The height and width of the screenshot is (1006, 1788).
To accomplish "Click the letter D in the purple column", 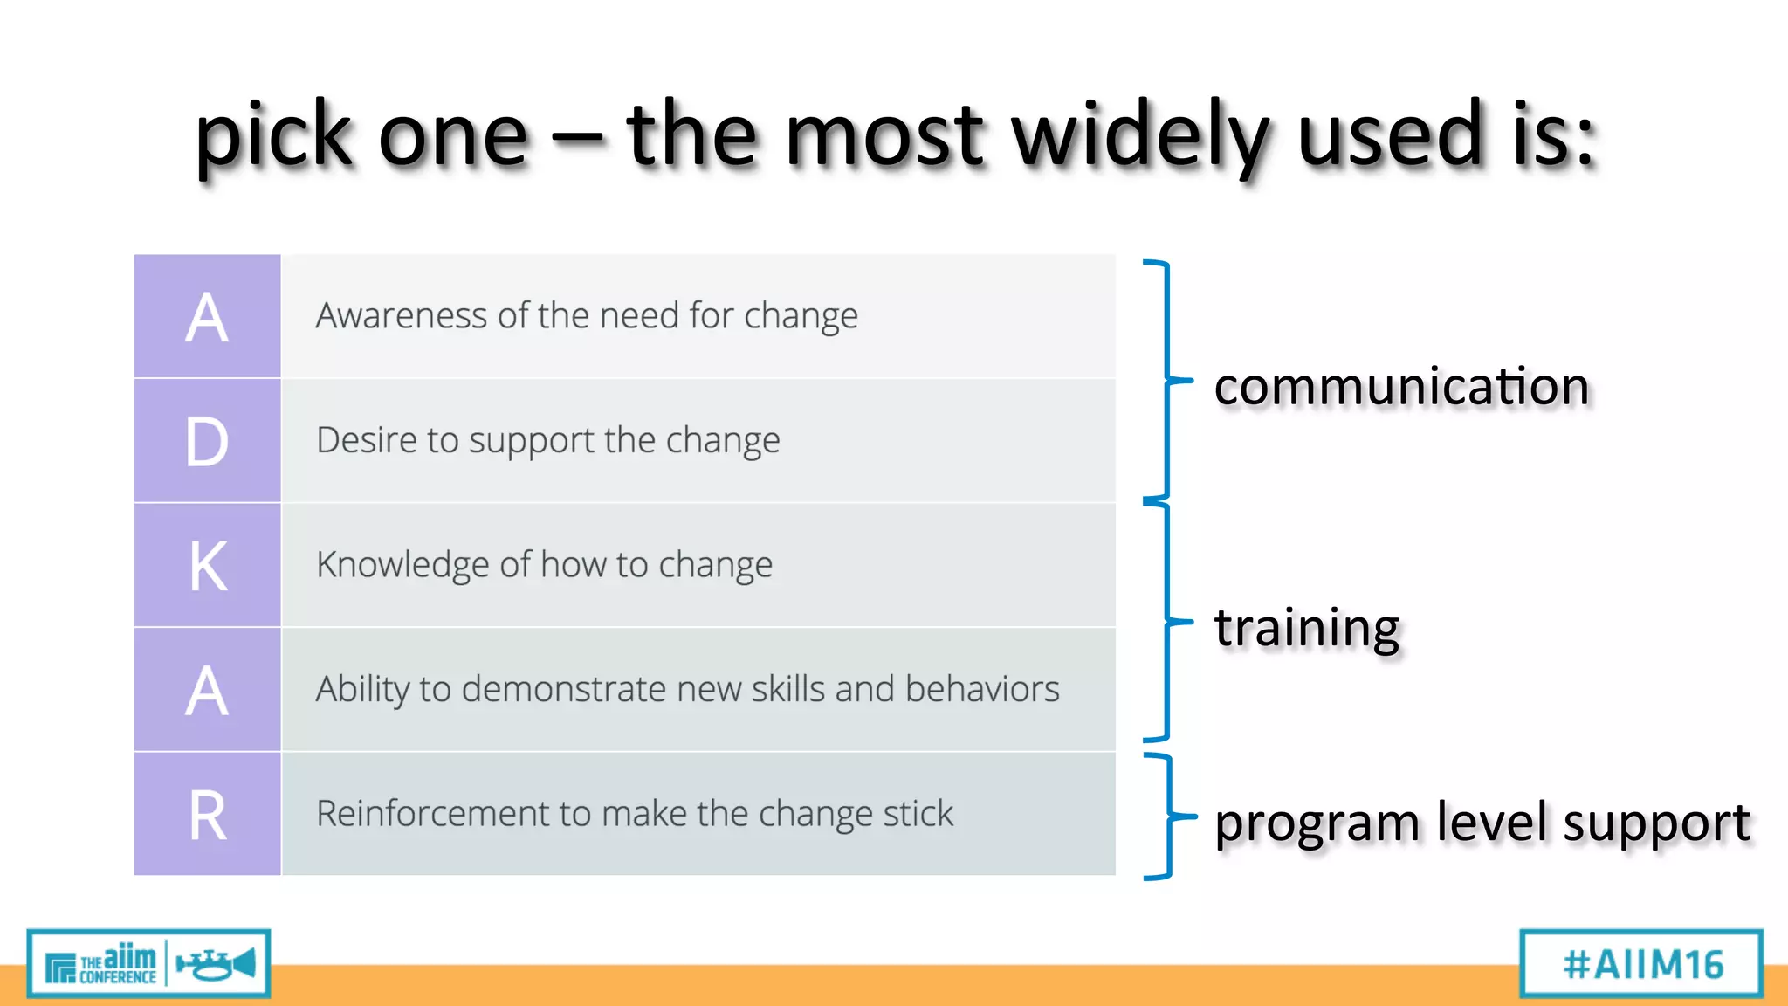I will pyautogui.click(x=207, y=441).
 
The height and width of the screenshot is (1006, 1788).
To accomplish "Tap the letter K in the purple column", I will pyautogui.click(x=208, y=566).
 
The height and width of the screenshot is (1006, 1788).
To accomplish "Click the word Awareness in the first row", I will pyautogui.click(x=402, y=315).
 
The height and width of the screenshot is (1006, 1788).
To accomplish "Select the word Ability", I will pyautogui.click(x=362, y=689).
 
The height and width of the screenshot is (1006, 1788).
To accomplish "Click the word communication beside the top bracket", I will pyautogui.click(x=1400, y=387).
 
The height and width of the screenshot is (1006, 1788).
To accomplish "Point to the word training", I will pyautogui.click(x=1306, y=628).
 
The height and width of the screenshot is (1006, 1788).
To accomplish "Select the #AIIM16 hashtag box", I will pyautogui.click(x=1641, y=964).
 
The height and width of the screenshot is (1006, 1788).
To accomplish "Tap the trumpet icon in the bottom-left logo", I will pyautogui.click(x=216, y=964).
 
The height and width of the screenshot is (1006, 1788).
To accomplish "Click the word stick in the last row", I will pyautogui.click(x=918, y=814).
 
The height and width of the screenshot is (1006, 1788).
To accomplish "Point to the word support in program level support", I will pyautogui.click(x=1655, y=823).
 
